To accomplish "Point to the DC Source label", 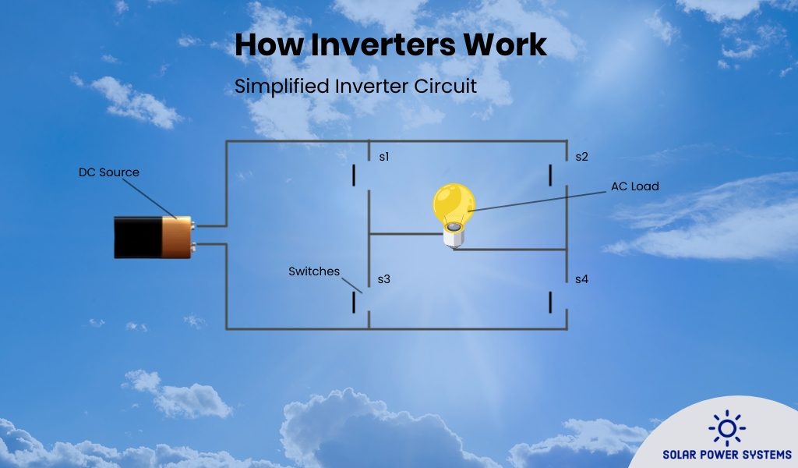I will click(108, 172).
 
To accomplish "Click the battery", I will click(153, 237).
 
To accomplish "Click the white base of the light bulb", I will click(452, 236).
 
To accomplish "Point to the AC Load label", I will click(635, 186).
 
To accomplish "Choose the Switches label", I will click(314, 271).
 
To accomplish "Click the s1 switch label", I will click(383, 157).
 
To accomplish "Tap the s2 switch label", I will click(581, 157).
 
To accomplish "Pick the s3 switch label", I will click(383, 278).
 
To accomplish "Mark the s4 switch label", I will click(581, 278).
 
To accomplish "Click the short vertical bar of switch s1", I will click(354, 175).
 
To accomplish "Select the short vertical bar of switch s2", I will click(551, 175).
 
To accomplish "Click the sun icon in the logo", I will click(726, 428).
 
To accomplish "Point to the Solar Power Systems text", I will click(726, 454).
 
